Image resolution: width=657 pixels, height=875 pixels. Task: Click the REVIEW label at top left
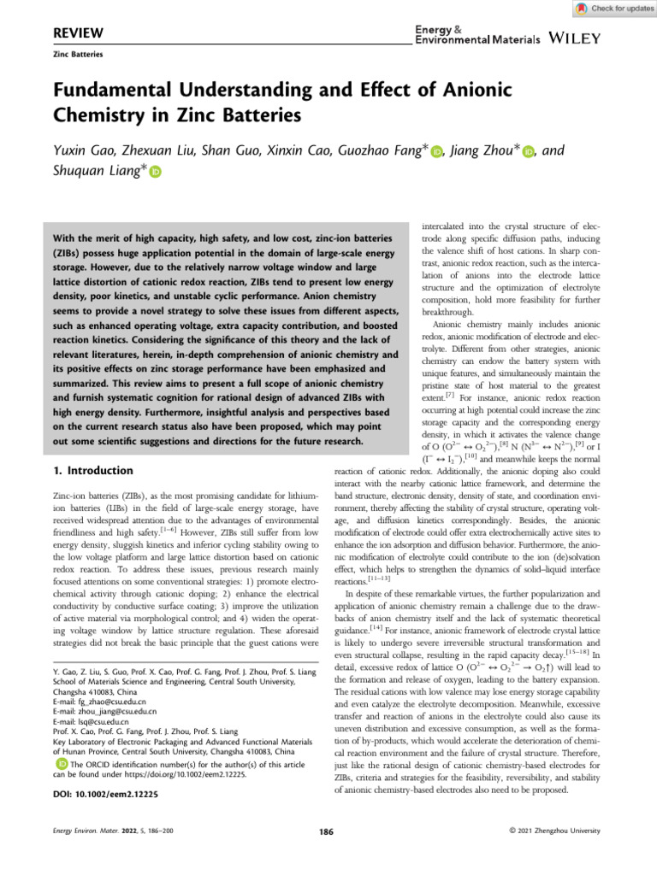click(x=79, y=33)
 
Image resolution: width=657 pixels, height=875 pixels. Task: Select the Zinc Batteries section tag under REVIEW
click(x=78, y=54)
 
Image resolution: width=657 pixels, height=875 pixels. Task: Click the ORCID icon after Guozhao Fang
click(x=439, y=151)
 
